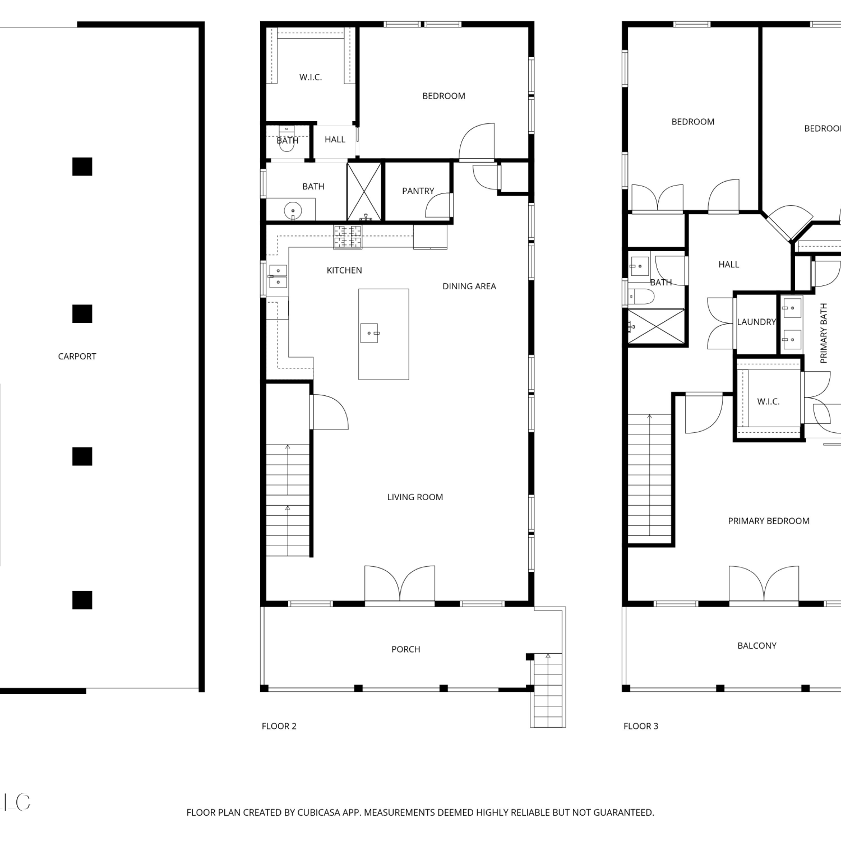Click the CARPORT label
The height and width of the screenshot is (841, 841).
77,357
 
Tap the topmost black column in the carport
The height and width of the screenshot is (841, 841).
82,167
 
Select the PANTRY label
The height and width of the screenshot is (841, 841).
418,191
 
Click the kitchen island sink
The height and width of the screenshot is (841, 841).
369,333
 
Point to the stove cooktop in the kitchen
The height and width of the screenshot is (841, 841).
348,237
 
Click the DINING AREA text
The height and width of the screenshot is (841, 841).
469,287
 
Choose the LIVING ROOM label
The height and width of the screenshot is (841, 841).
415,497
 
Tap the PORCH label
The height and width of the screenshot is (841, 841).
406,649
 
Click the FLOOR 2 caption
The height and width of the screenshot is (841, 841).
279,726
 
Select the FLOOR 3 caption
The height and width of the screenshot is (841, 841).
641,726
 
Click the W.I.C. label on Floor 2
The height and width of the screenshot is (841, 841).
311,77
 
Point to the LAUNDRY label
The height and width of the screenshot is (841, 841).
756,322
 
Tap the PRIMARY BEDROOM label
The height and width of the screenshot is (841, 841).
769,521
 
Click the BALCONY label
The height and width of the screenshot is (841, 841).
757,646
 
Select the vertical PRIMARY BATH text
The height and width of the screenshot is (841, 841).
824,333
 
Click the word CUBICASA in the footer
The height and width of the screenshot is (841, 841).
319,812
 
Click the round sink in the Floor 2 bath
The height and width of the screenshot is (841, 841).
293,211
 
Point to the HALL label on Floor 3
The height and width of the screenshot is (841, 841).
729,265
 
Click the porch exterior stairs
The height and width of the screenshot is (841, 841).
548,690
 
